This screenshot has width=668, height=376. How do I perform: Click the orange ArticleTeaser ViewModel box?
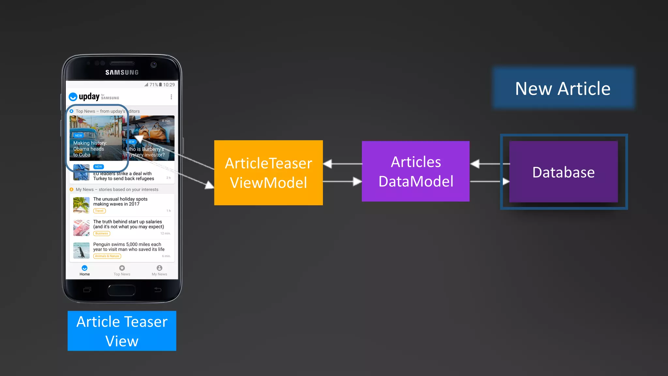tap(268, 173)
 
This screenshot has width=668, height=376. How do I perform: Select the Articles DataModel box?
tap(416, 171)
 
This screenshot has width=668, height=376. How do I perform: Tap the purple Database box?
tap(563, 172)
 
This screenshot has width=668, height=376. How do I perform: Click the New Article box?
tap(563, 88)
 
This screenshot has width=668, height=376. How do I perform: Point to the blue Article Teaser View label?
tap(122, 331)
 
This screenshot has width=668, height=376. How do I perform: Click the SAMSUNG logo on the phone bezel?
tap(122, 72)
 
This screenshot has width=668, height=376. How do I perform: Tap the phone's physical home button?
tap(122, 290)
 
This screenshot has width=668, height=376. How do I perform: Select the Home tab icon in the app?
tap(84, 268)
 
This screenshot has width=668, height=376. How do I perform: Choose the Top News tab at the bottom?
tap(122, 270)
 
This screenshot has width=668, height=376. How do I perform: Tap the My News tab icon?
tap(159, 268)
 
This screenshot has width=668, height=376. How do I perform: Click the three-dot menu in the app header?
tap(171, 97)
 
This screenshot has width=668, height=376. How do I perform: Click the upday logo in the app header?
tap(84, 97)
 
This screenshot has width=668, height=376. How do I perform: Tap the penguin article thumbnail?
tap(81, 250)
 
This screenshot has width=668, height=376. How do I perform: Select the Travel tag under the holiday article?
tap(99, 211)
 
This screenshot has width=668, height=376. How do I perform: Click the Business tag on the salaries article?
tap(101, 233)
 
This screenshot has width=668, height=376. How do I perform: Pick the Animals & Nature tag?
tap(107, 256)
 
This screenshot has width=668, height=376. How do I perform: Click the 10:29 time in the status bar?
tap(169, 85)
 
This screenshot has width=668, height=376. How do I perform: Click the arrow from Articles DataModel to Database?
tap(489, 181)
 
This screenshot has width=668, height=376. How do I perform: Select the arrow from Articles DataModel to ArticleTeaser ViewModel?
tap(342, 164)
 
